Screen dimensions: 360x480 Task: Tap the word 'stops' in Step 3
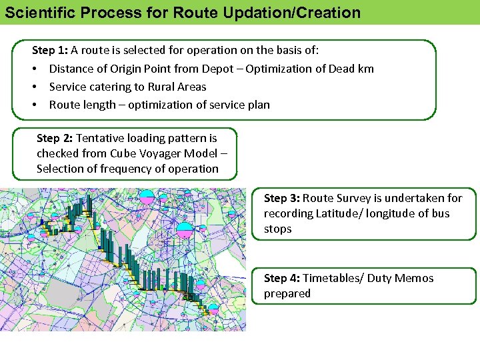[x=278, y=229]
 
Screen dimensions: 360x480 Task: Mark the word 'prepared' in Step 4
[x=287, y=293]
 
